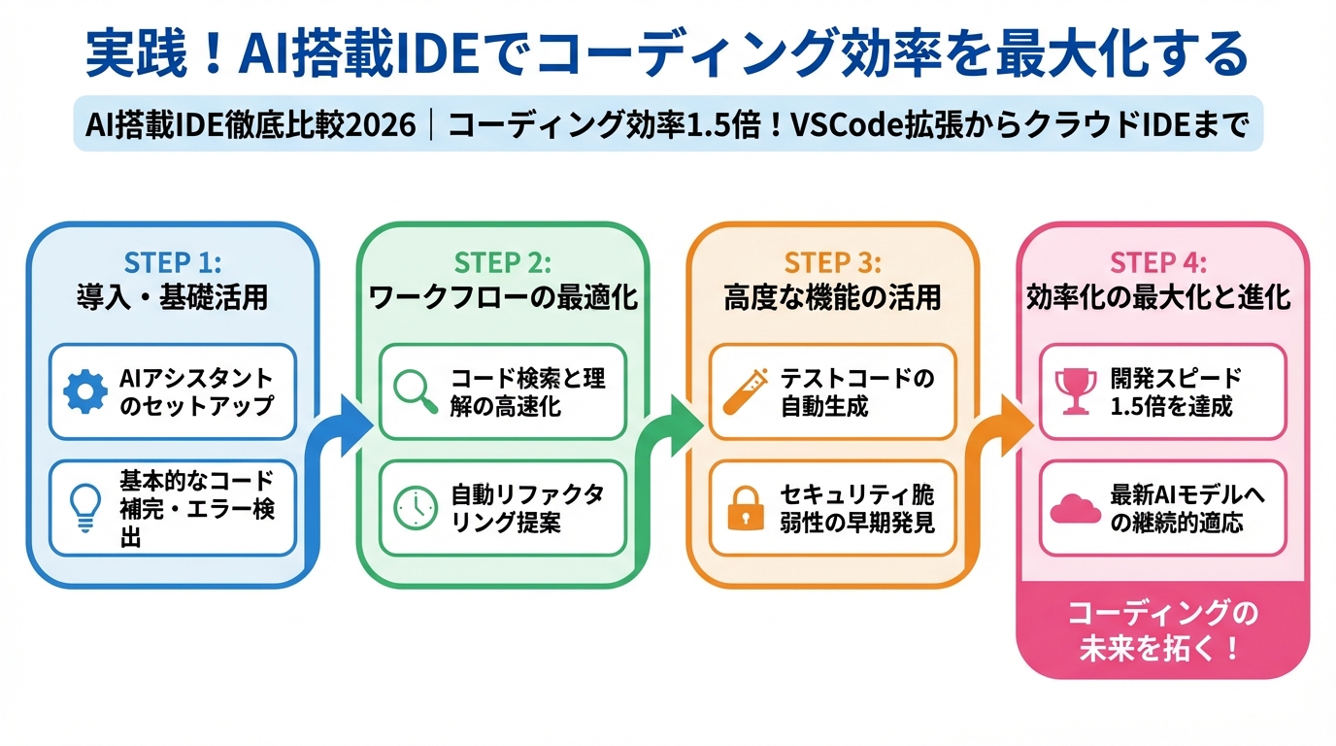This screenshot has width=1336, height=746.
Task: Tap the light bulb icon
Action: tap(85, 507)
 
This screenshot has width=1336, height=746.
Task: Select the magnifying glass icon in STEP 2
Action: tap(416, 390)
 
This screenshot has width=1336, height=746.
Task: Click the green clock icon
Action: tap(416, 506)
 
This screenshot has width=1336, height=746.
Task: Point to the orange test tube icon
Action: tap(746, 390)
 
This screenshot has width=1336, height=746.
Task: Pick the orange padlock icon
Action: tap(746, 508)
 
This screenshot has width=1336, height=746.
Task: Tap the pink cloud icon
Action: tap(1076, 507)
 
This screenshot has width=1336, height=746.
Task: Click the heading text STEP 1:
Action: tap(173, 263)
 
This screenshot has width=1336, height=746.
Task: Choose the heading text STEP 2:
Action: tap(503, 263)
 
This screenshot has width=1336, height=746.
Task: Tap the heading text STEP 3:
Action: tap(833, 263)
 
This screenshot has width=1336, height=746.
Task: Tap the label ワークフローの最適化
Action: tap(504, 297)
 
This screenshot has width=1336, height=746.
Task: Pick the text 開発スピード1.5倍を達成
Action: tap(1176, 391)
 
